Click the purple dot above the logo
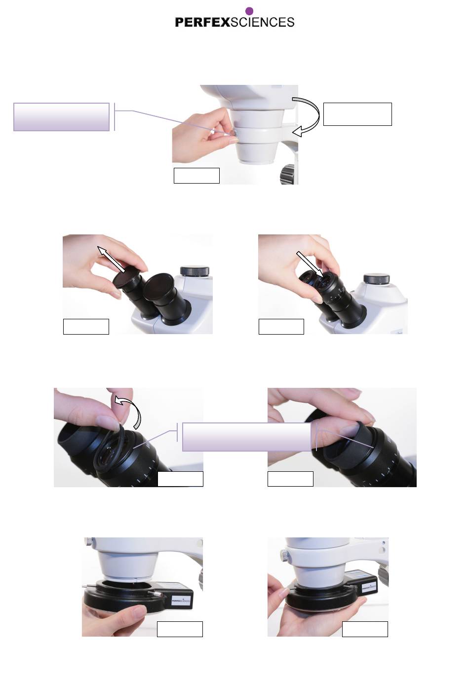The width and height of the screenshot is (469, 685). [x=249, y=11]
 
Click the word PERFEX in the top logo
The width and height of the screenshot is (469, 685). [x=202, y=22]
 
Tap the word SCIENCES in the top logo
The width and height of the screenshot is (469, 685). [x=262, y=22]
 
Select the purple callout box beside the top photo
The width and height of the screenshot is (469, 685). [x=62, y=117]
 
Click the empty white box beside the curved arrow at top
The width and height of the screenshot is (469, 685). [x=357, y=114]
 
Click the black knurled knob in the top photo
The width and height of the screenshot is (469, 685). [x=288, y=174]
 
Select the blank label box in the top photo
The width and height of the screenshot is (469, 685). [x=196, y=176]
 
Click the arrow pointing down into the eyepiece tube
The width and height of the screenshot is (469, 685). [x=310, y=264]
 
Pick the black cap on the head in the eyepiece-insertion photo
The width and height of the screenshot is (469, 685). [x=376, y=278]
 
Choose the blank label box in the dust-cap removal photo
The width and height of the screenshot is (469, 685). [x=86, y=327]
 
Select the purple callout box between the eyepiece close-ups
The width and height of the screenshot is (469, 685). [x=246, y=437]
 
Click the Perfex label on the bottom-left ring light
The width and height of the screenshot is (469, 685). [x=181, y=601]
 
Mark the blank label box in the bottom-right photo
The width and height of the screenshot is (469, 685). [x=365, y=629]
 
